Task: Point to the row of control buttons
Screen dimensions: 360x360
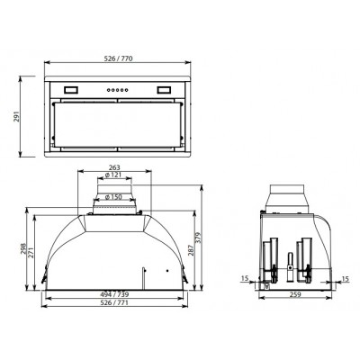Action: click(119, 90)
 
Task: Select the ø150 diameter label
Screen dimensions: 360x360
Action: click(113, 197)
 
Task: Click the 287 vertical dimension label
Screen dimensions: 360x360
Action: click(204, 251)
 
